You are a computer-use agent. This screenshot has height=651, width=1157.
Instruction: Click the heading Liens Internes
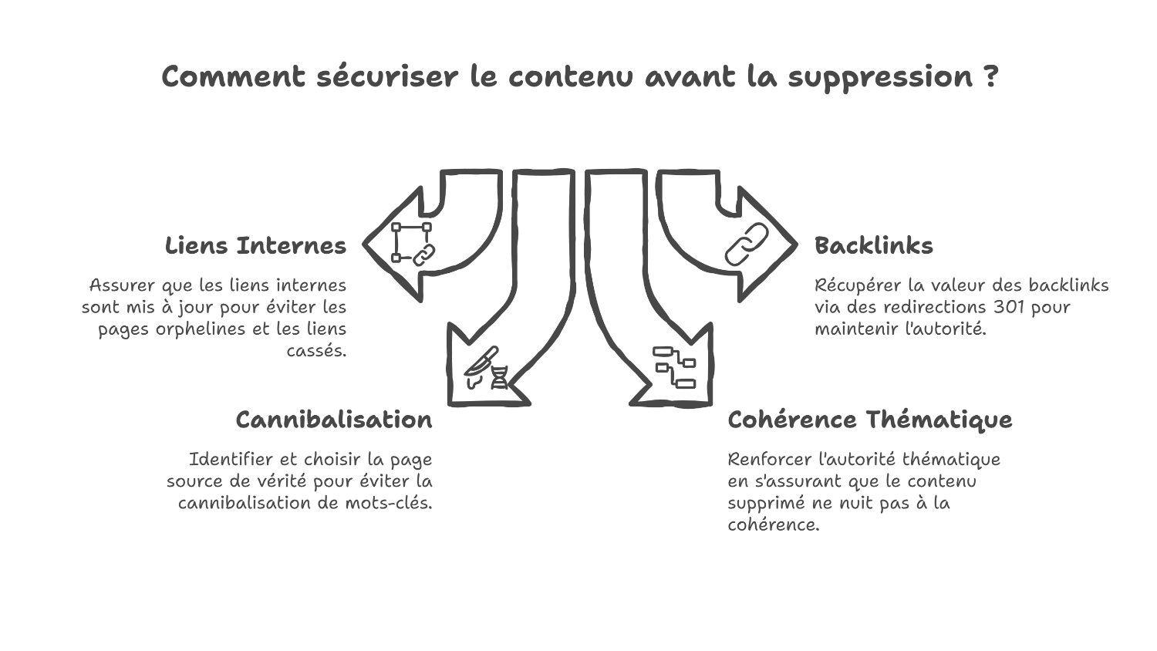[255, 246]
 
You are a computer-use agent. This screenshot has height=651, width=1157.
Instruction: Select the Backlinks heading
[873, 246]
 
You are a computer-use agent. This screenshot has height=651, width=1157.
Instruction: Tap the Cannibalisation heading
[333, 420]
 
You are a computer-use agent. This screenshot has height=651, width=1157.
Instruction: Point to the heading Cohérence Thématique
[869, 420]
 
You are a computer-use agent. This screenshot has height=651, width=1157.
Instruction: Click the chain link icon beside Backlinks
[747, 245]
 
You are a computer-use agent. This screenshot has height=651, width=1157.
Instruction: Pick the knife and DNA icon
[487, 368]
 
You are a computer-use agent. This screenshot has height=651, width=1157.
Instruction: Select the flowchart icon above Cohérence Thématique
[674, 367]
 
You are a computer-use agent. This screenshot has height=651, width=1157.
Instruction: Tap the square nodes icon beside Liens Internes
[412, 243]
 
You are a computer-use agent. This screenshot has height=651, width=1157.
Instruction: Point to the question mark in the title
[991, 77]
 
